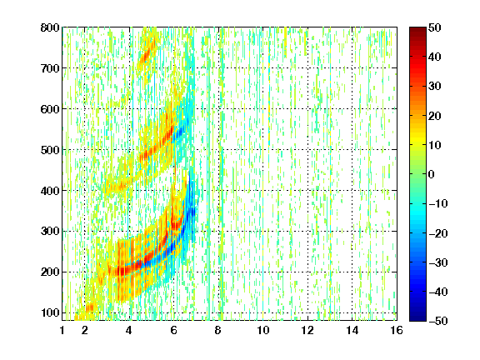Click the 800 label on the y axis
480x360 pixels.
tap(50, 27)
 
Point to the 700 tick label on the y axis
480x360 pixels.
tap(50, 68)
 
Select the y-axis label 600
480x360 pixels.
tap(50, 109)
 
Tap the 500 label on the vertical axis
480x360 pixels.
tap(50, 150)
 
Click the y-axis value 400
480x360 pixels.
tap(50, 191)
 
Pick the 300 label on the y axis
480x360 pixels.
tap(50, 232)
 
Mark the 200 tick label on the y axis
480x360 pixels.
tap(50, 272)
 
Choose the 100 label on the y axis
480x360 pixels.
tap(50, 312)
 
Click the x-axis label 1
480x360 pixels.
tap(62, 330)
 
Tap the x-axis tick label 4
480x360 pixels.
tap(129, 330)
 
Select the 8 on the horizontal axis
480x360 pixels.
tap(218, 330)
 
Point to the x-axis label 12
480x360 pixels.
tap(307, 330)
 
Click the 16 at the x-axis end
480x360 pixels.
tap(397, 330)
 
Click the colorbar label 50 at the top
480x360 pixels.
tap(435, 27)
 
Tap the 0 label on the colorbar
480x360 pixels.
tap(432, 174)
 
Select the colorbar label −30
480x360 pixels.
tap(438, 262)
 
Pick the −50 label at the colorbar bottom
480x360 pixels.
tap(438, 321)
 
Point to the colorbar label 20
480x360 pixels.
tap(435, 116)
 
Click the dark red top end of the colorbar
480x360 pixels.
tap(417, 29)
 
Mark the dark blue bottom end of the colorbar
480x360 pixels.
tap(417, 318)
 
